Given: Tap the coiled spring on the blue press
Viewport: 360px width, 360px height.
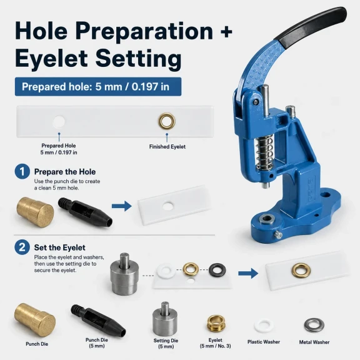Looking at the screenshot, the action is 264,151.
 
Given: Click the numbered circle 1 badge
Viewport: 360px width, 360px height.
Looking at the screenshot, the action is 22,171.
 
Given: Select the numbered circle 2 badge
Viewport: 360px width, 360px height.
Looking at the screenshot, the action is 22,247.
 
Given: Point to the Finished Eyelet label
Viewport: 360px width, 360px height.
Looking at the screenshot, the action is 167,147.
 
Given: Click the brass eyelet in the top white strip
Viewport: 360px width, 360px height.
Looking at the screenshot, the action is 167,121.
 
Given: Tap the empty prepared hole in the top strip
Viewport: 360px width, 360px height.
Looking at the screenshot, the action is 59,122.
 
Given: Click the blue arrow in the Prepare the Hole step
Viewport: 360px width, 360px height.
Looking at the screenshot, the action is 122,206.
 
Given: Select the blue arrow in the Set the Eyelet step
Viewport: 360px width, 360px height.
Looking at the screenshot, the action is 248,273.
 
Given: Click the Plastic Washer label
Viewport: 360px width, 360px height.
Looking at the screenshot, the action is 264,342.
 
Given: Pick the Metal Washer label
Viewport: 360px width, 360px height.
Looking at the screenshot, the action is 314,342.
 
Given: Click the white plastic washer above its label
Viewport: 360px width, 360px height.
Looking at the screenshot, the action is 264,326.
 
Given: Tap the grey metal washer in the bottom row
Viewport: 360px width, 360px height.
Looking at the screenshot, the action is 314,325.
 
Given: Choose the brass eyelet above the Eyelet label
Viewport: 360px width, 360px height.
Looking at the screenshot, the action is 216,324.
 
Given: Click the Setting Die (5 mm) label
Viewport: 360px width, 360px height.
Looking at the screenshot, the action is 166,344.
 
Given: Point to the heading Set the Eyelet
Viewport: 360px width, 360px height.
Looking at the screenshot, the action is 60,247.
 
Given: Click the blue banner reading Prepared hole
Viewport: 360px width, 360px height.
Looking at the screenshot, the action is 98,86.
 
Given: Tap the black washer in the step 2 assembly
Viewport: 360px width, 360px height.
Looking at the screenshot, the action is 217,270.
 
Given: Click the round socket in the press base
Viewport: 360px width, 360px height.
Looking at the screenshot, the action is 267,219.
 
